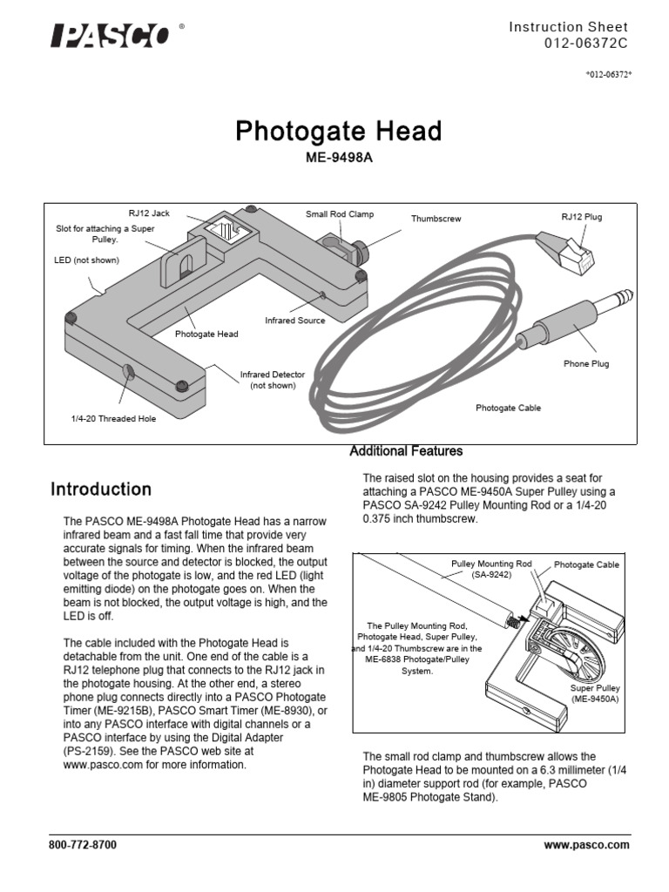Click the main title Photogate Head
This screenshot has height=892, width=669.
339,132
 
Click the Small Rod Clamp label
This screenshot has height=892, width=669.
340,214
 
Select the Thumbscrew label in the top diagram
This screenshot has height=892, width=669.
436,219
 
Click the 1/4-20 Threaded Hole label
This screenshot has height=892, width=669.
113,419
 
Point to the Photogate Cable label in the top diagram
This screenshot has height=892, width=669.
508,408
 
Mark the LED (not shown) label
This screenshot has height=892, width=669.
84,260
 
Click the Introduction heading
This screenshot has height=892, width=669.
101,489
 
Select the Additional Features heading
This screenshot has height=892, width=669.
406,451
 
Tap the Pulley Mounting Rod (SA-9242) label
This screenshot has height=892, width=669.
491,570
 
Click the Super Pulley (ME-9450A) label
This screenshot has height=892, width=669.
595,693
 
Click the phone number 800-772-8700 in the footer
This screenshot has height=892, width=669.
84,845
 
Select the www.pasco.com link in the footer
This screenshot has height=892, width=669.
586,845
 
